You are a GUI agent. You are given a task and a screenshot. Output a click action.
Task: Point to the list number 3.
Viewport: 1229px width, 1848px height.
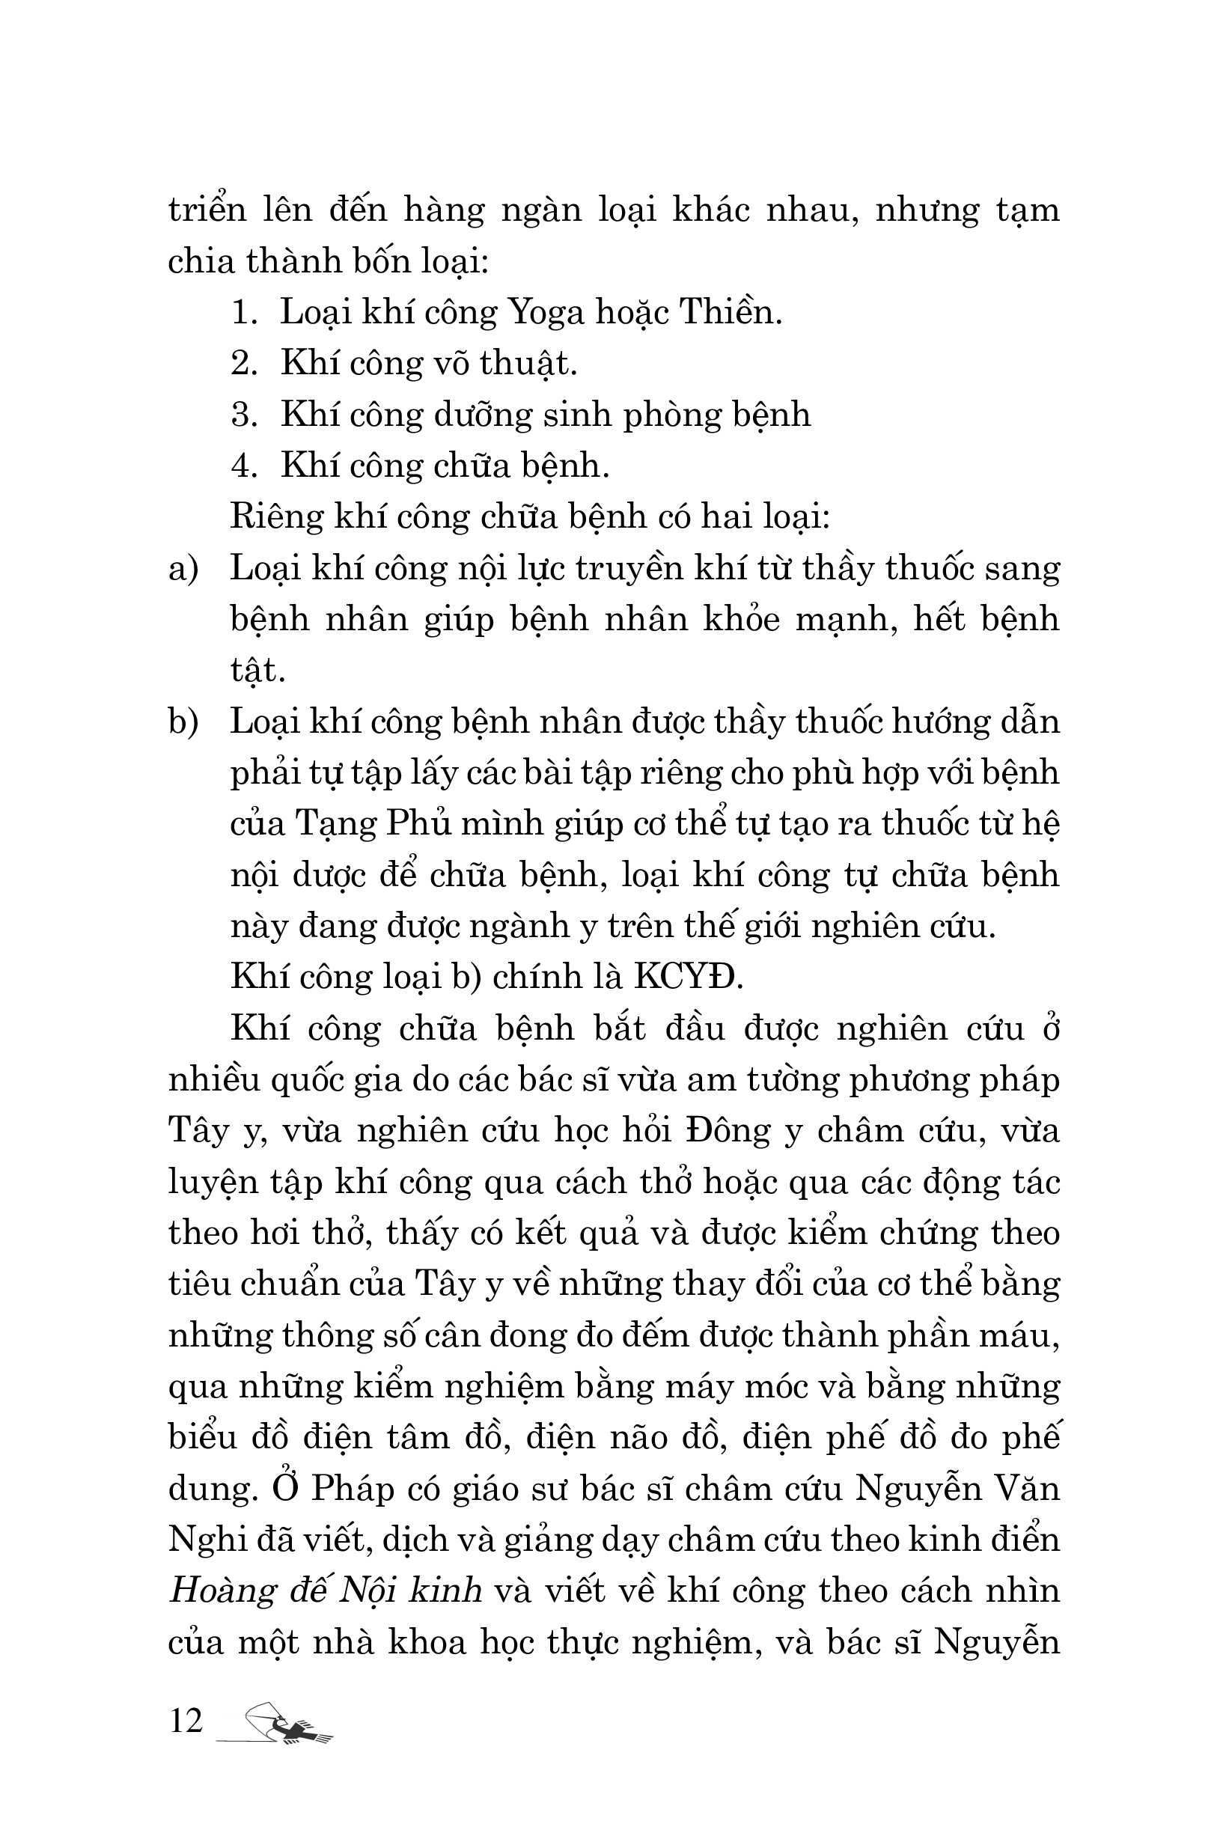[x=244, y=415]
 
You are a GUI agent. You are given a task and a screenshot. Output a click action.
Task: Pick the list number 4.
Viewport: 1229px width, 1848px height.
[x=244, y=466]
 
